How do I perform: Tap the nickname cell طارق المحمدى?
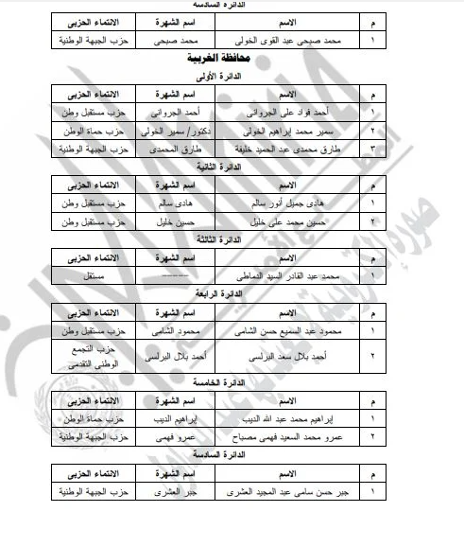168,150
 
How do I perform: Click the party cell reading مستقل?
82,275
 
